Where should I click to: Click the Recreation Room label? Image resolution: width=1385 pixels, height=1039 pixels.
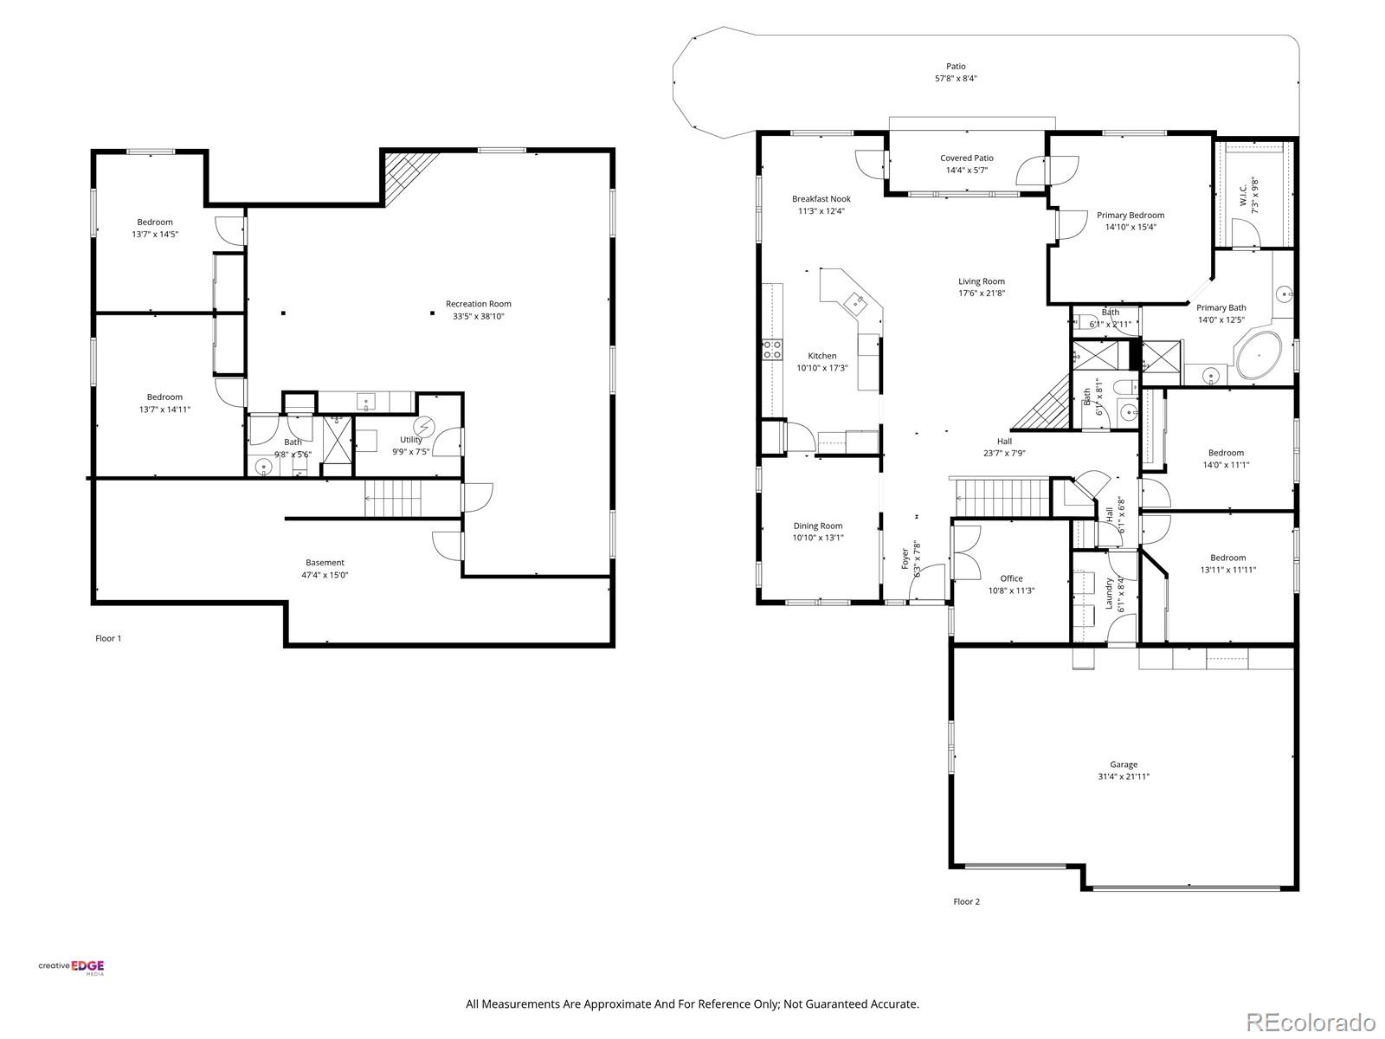[x=478, y=304]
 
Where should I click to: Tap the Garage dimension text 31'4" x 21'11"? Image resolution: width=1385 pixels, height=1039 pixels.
[x=1124, y=777]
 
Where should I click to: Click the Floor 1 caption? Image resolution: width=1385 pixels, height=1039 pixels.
[x=108, y=638]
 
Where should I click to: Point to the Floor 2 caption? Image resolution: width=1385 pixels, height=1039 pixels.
[x=966, y=901]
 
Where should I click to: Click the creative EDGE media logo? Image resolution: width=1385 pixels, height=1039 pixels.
[x=71, y=968]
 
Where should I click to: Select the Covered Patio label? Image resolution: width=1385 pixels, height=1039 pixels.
[x=967, y=158]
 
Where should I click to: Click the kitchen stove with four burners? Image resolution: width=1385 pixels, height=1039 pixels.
[x=771, y=350]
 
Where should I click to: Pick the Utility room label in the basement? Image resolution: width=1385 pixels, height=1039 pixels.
[x=411, y=440]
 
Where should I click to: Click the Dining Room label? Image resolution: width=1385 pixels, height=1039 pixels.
[x=817, y=526]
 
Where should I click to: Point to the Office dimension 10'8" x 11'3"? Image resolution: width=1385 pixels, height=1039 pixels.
[x=1011, y=590]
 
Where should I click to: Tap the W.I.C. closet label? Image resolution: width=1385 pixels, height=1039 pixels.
[x=1243, y=194]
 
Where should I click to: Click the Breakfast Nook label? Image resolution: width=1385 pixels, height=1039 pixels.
[x=821, y=199]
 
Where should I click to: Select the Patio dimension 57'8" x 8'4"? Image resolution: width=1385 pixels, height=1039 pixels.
[x=956, y=78]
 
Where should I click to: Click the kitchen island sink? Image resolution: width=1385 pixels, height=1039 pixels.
[x=858, y=302]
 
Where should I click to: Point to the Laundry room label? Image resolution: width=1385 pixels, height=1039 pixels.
[x=1109, y=594]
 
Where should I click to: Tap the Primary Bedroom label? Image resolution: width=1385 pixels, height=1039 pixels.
[x=1130, y=216]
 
